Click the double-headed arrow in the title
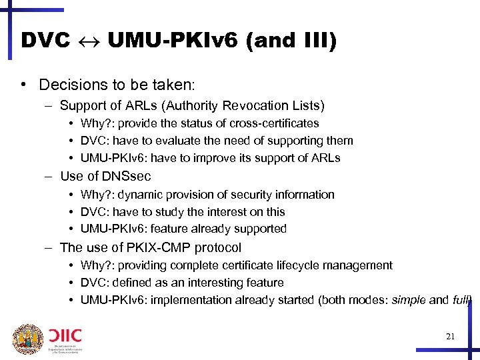(89, 41)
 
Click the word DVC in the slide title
(45, 41)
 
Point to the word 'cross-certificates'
(274, 123)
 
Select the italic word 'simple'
(408, 300)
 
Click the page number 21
(450, 337)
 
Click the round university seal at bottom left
(27, 339)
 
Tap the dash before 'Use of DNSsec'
(50, 177)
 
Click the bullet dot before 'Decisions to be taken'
(23, 85)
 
